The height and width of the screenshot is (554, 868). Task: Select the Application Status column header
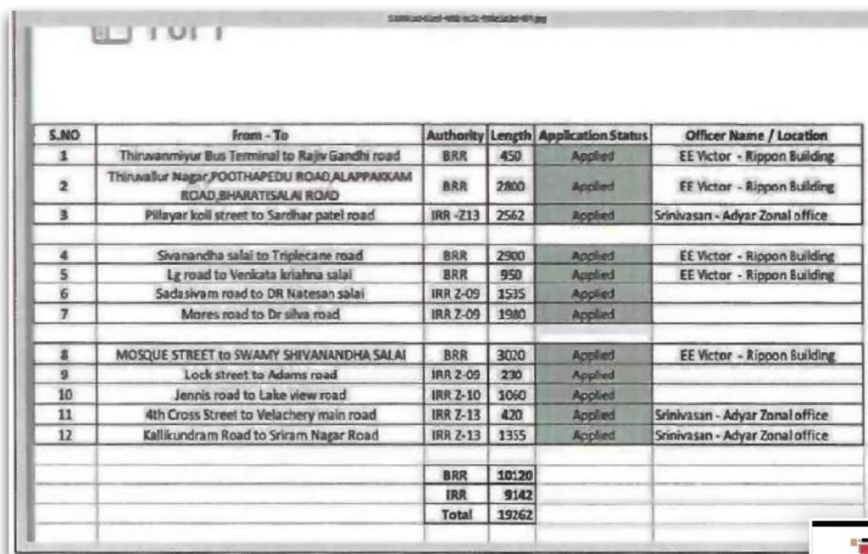coord(593,136)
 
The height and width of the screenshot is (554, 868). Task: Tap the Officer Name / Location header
coord(757,136)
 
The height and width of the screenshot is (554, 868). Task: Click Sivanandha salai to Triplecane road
coord(259,256)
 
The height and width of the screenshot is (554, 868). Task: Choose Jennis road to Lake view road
coord(259,395)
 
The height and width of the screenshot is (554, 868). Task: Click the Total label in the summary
coord(455,514)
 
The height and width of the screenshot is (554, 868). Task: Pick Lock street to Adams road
coord(259,375)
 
